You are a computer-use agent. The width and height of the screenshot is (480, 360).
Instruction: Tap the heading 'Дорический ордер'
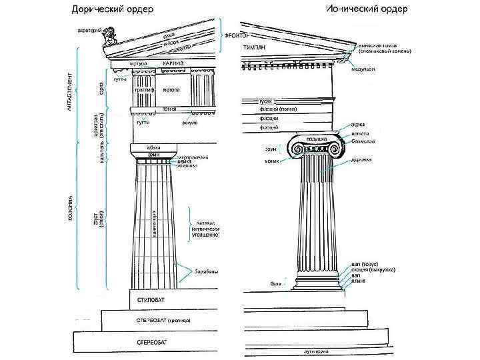point(113,9)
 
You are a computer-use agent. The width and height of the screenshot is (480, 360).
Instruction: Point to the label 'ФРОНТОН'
point(237,35)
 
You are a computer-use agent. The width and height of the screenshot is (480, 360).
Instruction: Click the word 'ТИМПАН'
point(255,48)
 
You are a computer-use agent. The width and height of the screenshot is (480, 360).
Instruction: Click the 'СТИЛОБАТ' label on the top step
point(150,300)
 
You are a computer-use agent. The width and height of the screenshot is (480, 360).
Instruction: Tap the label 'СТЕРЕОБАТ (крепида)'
point(163,320)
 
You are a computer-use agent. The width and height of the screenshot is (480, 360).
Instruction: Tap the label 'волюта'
point(360,133)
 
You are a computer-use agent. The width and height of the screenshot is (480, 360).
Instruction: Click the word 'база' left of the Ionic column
point(274,283)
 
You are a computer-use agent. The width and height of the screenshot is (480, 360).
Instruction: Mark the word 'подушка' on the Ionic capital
point(317,139)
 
